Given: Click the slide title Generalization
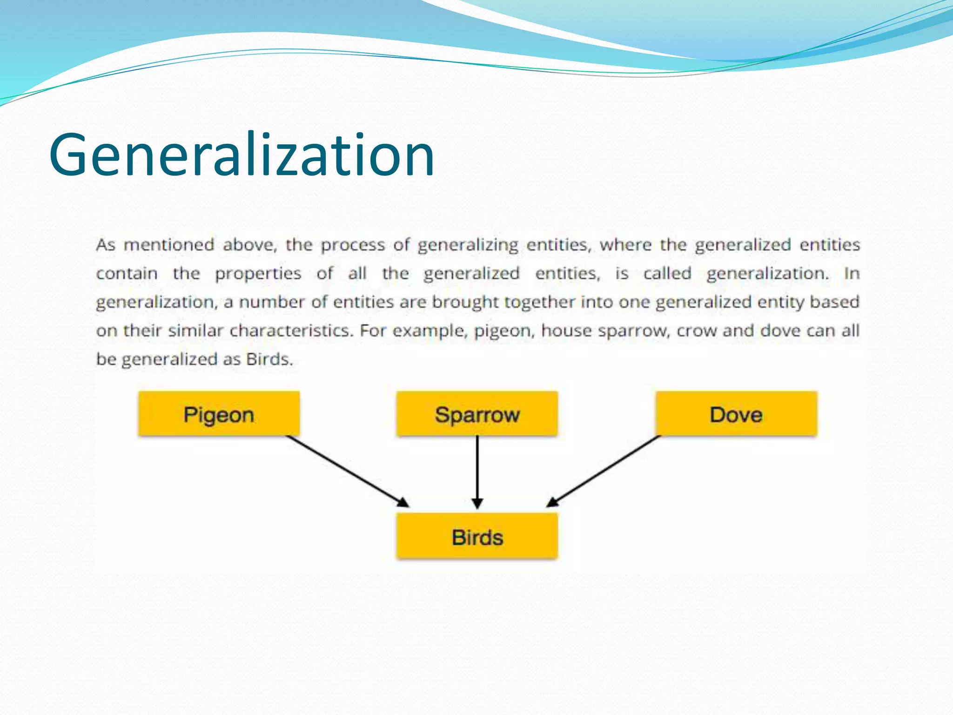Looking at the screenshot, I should point(242,155).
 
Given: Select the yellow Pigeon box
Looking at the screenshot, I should point(219,414).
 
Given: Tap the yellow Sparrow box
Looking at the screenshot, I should point(477,414).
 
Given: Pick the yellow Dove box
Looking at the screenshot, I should point(736,414).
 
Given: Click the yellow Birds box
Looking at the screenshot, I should point(477,537).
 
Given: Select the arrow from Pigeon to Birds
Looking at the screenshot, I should point(347,471).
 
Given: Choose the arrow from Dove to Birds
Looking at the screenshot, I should point(604,471).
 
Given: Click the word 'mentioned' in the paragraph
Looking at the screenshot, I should point(169,244).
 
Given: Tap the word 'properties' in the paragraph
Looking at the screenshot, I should point(258,273).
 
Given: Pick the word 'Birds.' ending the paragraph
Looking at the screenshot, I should point(269,359).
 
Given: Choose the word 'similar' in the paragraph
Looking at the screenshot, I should point(195,331).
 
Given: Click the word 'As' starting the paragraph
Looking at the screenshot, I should point(106,244).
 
